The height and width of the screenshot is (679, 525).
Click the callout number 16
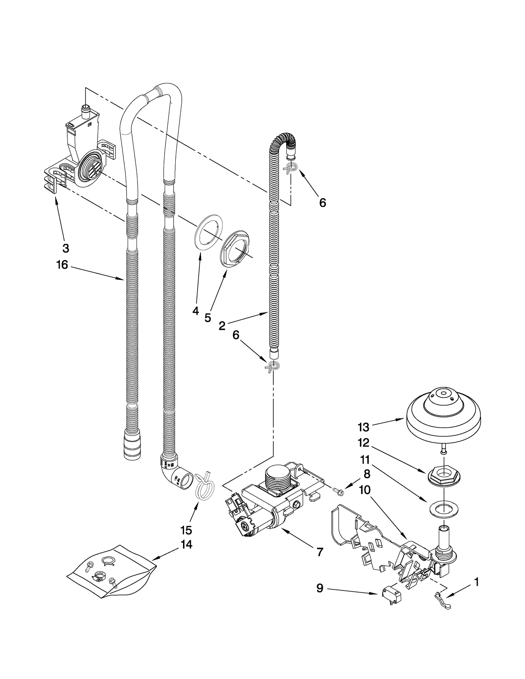(62, 265)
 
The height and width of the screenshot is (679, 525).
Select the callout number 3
(66, 248)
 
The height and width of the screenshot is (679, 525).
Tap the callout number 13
(364, 427)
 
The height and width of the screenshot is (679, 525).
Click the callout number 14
(186, 545)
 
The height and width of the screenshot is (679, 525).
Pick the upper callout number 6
(323, 203)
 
